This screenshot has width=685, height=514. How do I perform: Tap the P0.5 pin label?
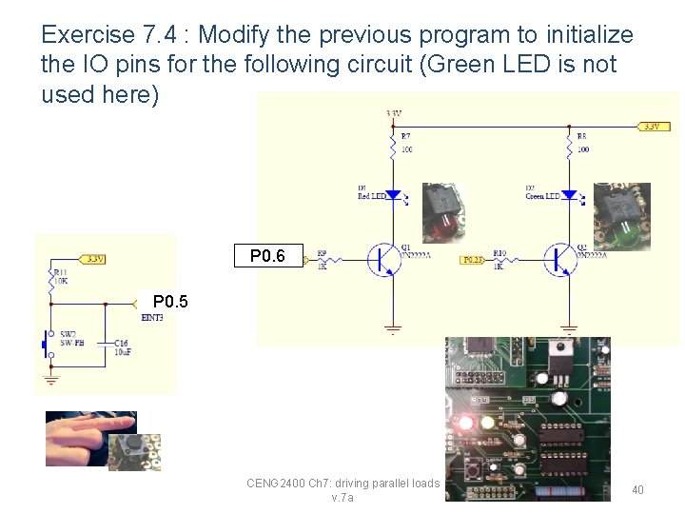(170, 303)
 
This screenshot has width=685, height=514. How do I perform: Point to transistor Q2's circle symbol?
(559, 258)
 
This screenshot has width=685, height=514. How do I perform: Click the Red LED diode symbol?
(394, 194)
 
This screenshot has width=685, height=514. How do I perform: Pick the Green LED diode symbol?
(569, 194)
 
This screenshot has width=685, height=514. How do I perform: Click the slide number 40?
(637, 489)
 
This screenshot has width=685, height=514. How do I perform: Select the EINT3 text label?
(152, 317)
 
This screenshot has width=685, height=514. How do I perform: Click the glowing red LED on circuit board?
(466, 422)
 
